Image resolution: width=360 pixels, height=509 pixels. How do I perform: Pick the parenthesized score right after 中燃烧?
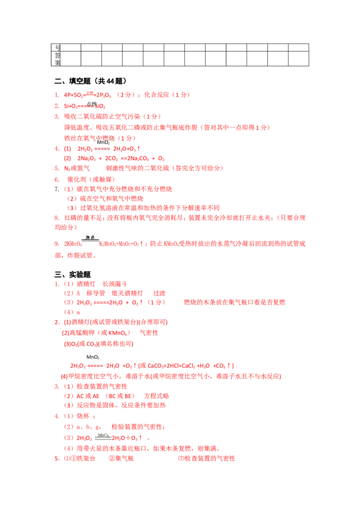tap(128, 138)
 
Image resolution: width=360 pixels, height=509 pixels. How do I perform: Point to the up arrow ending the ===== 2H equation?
tap(139, 148)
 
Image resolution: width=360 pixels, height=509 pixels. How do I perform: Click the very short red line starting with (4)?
tap(72, 312)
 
